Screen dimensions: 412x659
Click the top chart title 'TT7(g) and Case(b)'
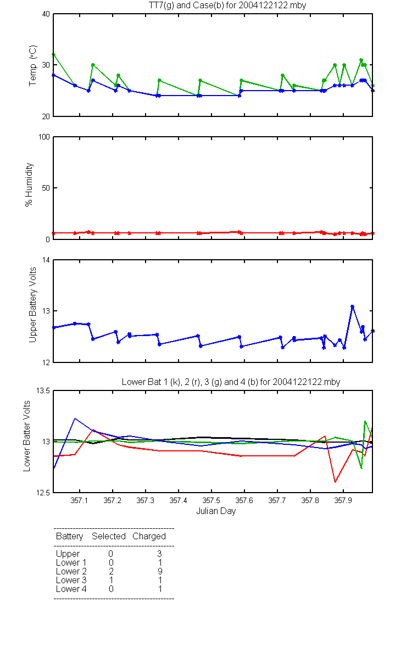186,5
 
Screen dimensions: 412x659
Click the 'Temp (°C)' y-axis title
32,65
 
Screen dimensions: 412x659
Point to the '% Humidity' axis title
29,185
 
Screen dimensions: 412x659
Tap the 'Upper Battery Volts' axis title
32,305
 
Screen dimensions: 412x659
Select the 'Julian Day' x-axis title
216,511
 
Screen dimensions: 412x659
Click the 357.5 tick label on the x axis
211,500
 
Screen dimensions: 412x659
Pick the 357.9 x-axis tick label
343,500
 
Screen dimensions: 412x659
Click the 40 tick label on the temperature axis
46,14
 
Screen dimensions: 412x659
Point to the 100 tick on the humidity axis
44,137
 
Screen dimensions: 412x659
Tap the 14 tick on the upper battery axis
46,260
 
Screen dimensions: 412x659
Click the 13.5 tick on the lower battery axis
43,390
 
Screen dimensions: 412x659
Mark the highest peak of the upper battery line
352,306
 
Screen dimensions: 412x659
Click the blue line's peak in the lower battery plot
75,418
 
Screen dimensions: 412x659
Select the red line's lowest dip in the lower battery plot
335,482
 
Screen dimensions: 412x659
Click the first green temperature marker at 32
54,55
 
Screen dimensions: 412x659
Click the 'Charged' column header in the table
149,537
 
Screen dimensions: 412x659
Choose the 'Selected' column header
109,537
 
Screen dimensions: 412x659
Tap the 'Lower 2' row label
71,571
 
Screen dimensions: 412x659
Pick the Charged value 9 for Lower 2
160,571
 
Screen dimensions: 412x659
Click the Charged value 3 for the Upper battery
159,554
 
